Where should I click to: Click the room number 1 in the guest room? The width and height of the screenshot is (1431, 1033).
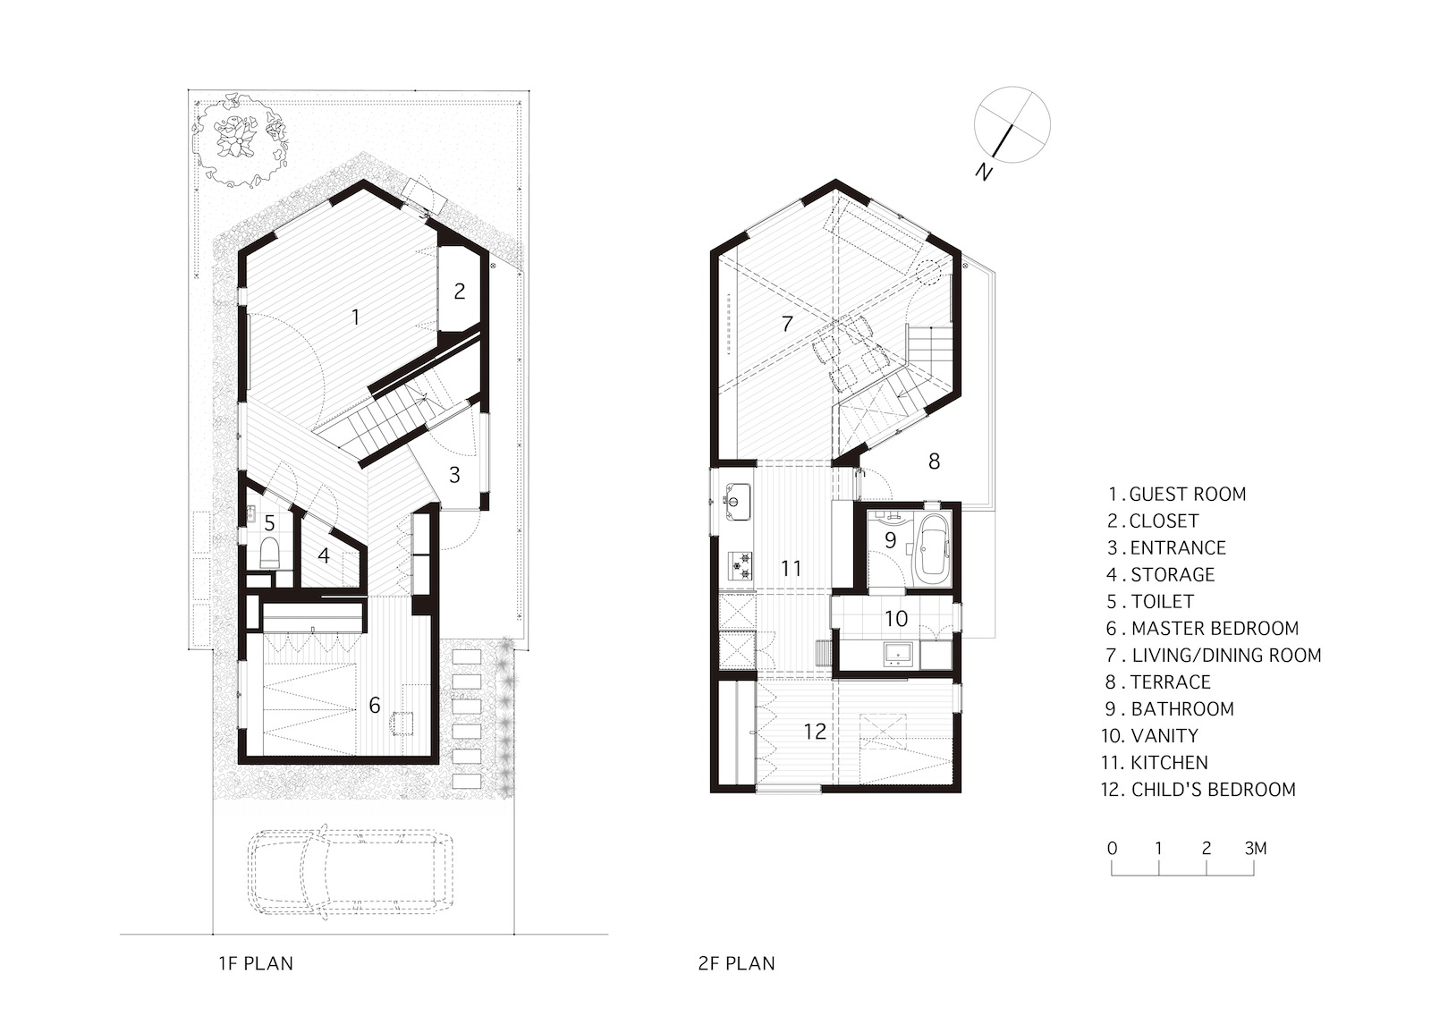355,317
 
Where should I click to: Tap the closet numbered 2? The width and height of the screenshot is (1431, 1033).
460,292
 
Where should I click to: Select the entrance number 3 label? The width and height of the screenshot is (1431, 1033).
454,475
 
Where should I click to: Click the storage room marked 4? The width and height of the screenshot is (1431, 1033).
324,555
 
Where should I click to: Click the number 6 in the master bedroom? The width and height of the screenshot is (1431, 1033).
375,706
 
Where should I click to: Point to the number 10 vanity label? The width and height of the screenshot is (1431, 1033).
896,618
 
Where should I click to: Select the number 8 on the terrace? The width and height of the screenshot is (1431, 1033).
934,461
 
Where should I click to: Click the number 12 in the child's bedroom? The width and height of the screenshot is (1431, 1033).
814,732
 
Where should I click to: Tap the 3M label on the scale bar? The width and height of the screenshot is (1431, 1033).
1255,848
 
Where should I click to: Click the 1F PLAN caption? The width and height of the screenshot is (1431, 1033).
256,963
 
